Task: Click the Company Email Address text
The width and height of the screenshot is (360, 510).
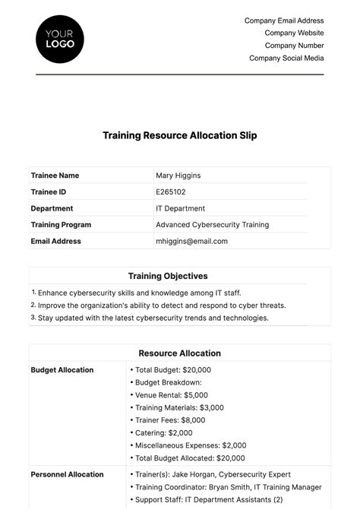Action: coord(284,21)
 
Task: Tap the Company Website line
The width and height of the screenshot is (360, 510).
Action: coord(294,33)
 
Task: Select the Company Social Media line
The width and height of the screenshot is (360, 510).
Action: coord(286,58)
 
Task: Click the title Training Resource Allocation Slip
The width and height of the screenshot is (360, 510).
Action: coord(180,136)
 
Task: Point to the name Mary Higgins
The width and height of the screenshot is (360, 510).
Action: coord(178,176)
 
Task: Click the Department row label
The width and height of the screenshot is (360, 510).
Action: coord(52,208)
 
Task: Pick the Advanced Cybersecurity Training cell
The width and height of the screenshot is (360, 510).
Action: coord(212,225)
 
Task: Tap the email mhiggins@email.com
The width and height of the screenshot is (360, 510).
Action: coord(191,241)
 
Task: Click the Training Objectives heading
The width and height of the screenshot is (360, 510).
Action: coord(168,276)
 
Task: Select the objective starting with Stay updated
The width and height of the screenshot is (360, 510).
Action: coord(153,318)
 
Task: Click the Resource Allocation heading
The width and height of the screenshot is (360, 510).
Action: coord(179,353)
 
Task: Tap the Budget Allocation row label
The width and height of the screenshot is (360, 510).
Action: coord(62,370)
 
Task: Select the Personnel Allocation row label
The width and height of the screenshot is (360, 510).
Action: coord(67,474)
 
